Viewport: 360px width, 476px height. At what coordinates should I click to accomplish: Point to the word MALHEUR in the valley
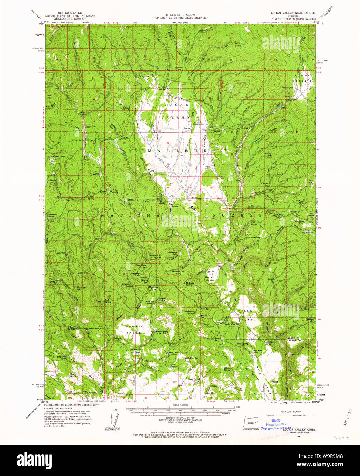(x=177, y=151)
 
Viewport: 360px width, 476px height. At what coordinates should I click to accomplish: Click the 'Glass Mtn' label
(x=83, y=273)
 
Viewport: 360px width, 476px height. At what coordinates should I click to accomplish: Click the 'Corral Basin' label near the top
(x=237, y=44)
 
